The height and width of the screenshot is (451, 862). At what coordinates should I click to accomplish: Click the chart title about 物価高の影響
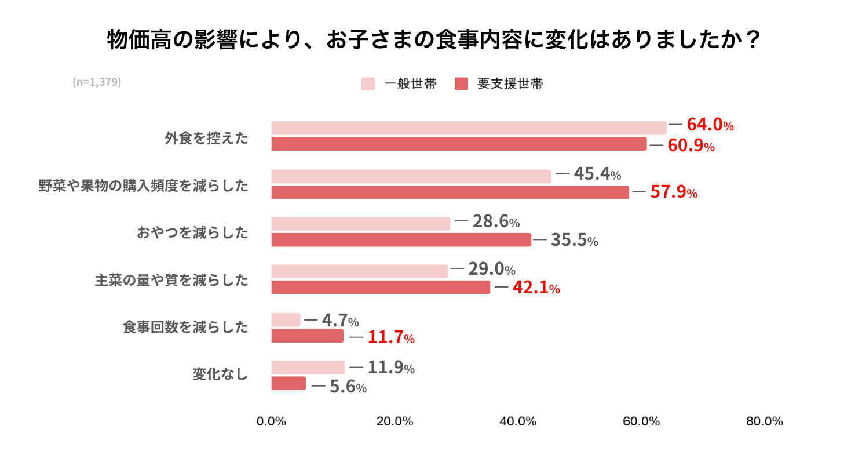pyautogui.click(x=434, y=39)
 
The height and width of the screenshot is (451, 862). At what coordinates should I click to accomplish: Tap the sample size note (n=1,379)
pyautogui.click(x=97, y=82)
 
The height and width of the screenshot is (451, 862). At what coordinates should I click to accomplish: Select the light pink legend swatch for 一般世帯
pyautogui.click(x=368, y=83)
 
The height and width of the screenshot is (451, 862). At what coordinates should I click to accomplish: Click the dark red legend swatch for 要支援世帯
pyautogui.click(x=461, y=83)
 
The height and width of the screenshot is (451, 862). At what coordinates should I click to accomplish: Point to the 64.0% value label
pyautogui.click(x=710, y=125)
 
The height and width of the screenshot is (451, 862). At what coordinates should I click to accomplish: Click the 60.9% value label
pyautogui.click(x=691, y=146)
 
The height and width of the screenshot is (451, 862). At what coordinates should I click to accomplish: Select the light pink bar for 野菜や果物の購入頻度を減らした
pyautogui.click(x=411, y=176)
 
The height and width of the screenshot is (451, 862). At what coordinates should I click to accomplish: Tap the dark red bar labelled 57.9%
pyautogui.click(x=450, y=192)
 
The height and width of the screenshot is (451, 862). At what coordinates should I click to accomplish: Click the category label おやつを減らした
pyautogui.click(x=192, y=232)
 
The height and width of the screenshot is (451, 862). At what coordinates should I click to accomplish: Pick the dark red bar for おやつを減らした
pyautogui.click(x=401, y=239)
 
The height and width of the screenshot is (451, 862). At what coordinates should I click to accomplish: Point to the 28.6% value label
pyautogui.click(x=496, y=221)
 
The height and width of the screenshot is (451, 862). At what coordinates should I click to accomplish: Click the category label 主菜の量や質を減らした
pyautogui.click(x=171, y=280)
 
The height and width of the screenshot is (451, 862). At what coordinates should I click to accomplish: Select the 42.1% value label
pyautogui.click(x=536, y=288)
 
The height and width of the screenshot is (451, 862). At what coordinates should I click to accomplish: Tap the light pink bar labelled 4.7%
pyautogui.click(x=286, y=320)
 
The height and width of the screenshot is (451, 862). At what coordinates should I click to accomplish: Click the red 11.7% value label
pyautogui.click(x=391, y=337)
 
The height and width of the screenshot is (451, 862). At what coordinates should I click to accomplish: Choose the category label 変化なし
pyautogui.click(x=221, y=374)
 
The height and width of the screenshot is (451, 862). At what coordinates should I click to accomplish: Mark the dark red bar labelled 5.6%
pyautogui.click(x=288, y=383)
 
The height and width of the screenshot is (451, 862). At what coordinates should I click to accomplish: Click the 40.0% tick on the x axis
pyautogui.click(x=518, y=421)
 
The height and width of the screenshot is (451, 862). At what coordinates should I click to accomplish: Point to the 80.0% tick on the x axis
pyautogui.click(x=765, y=421)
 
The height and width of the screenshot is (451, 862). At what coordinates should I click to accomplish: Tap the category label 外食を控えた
pyautogui.click(x=207, y=138)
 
